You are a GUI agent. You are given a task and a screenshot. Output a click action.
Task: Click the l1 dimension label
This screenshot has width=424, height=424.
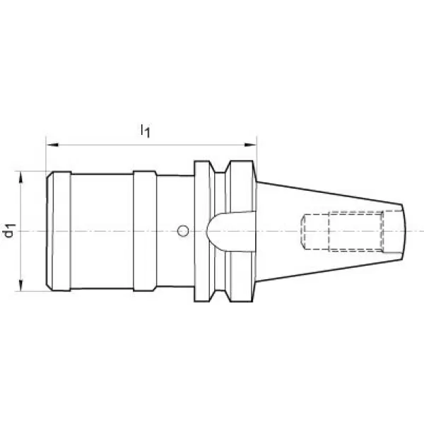pyautogui.click(x=145, y=131)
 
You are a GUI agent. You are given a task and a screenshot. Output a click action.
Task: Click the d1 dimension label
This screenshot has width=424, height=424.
pyautogui.click(x=10, y=230)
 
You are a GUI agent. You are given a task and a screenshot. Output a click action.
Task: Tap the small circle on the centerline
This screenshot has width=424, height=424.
pyautogui.click(x=183, y=231)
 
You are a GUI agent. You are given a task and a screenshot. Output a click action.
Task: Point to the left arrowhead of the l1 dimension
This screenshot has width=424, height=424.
pyautogui.click(x=53, y=145)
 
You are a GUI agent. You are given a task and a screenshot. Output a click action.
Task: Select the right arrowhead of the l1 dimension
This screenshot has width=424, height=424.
pyautogui.click(x=250, y=145)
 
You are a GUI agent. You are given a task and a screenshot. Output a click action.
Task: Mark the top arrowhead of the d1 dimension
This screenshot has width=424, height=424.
pyautogui.click(x=20, y=177)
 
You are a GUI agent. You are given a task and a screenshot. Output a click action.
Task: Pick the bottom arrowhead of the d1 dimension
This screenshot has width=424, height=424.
pyautogui.click(x=20, y=285)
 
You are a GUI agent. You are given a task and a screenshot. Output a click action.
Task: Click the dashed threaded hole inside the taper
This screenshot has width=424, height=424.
pyautogui.click(x=355, y=231)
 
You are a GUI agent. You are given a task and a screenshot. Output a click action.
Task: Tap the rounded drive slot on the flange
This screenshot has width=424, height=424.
pyautogui.click(x=230, y=232)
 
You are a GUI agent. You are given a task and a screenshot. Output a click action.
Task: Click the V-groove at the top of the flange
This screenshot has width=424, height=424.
pyautogui.click(x=220, y=167)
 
